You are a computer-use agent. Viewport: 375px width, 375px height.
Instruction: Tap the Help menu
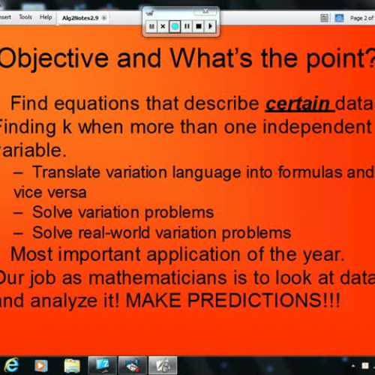coord(46,16)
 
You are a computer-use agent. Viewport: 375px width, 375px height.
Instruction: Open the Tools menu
coord(25,16)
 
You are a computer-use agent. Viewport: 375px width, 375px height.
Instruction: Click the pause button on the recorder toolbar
coord(187,26)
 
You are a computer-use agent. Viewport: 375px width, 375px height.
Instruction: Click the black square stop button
coord(199,26)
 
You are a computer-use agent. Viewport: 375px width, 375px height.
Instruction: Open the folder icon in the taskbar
coord(72,365)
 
